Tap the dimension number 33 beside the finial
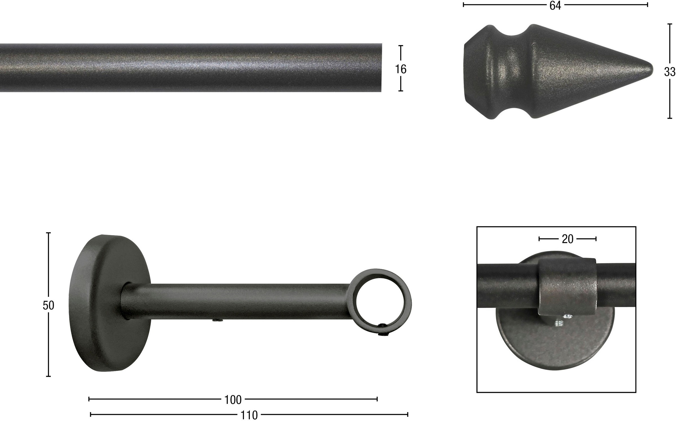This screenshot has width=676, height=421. (670, 72)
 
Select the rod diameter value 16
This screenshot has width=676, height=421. (401, 69)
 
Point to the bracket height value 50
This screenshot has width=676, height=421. (48, 305)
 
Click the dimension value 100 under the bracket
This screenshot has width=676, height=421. (233, 400)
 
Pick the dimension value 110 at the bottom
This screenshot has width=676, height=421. (249, 415)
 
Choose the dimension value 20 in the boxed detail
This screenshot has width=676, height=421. (567, 239)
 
